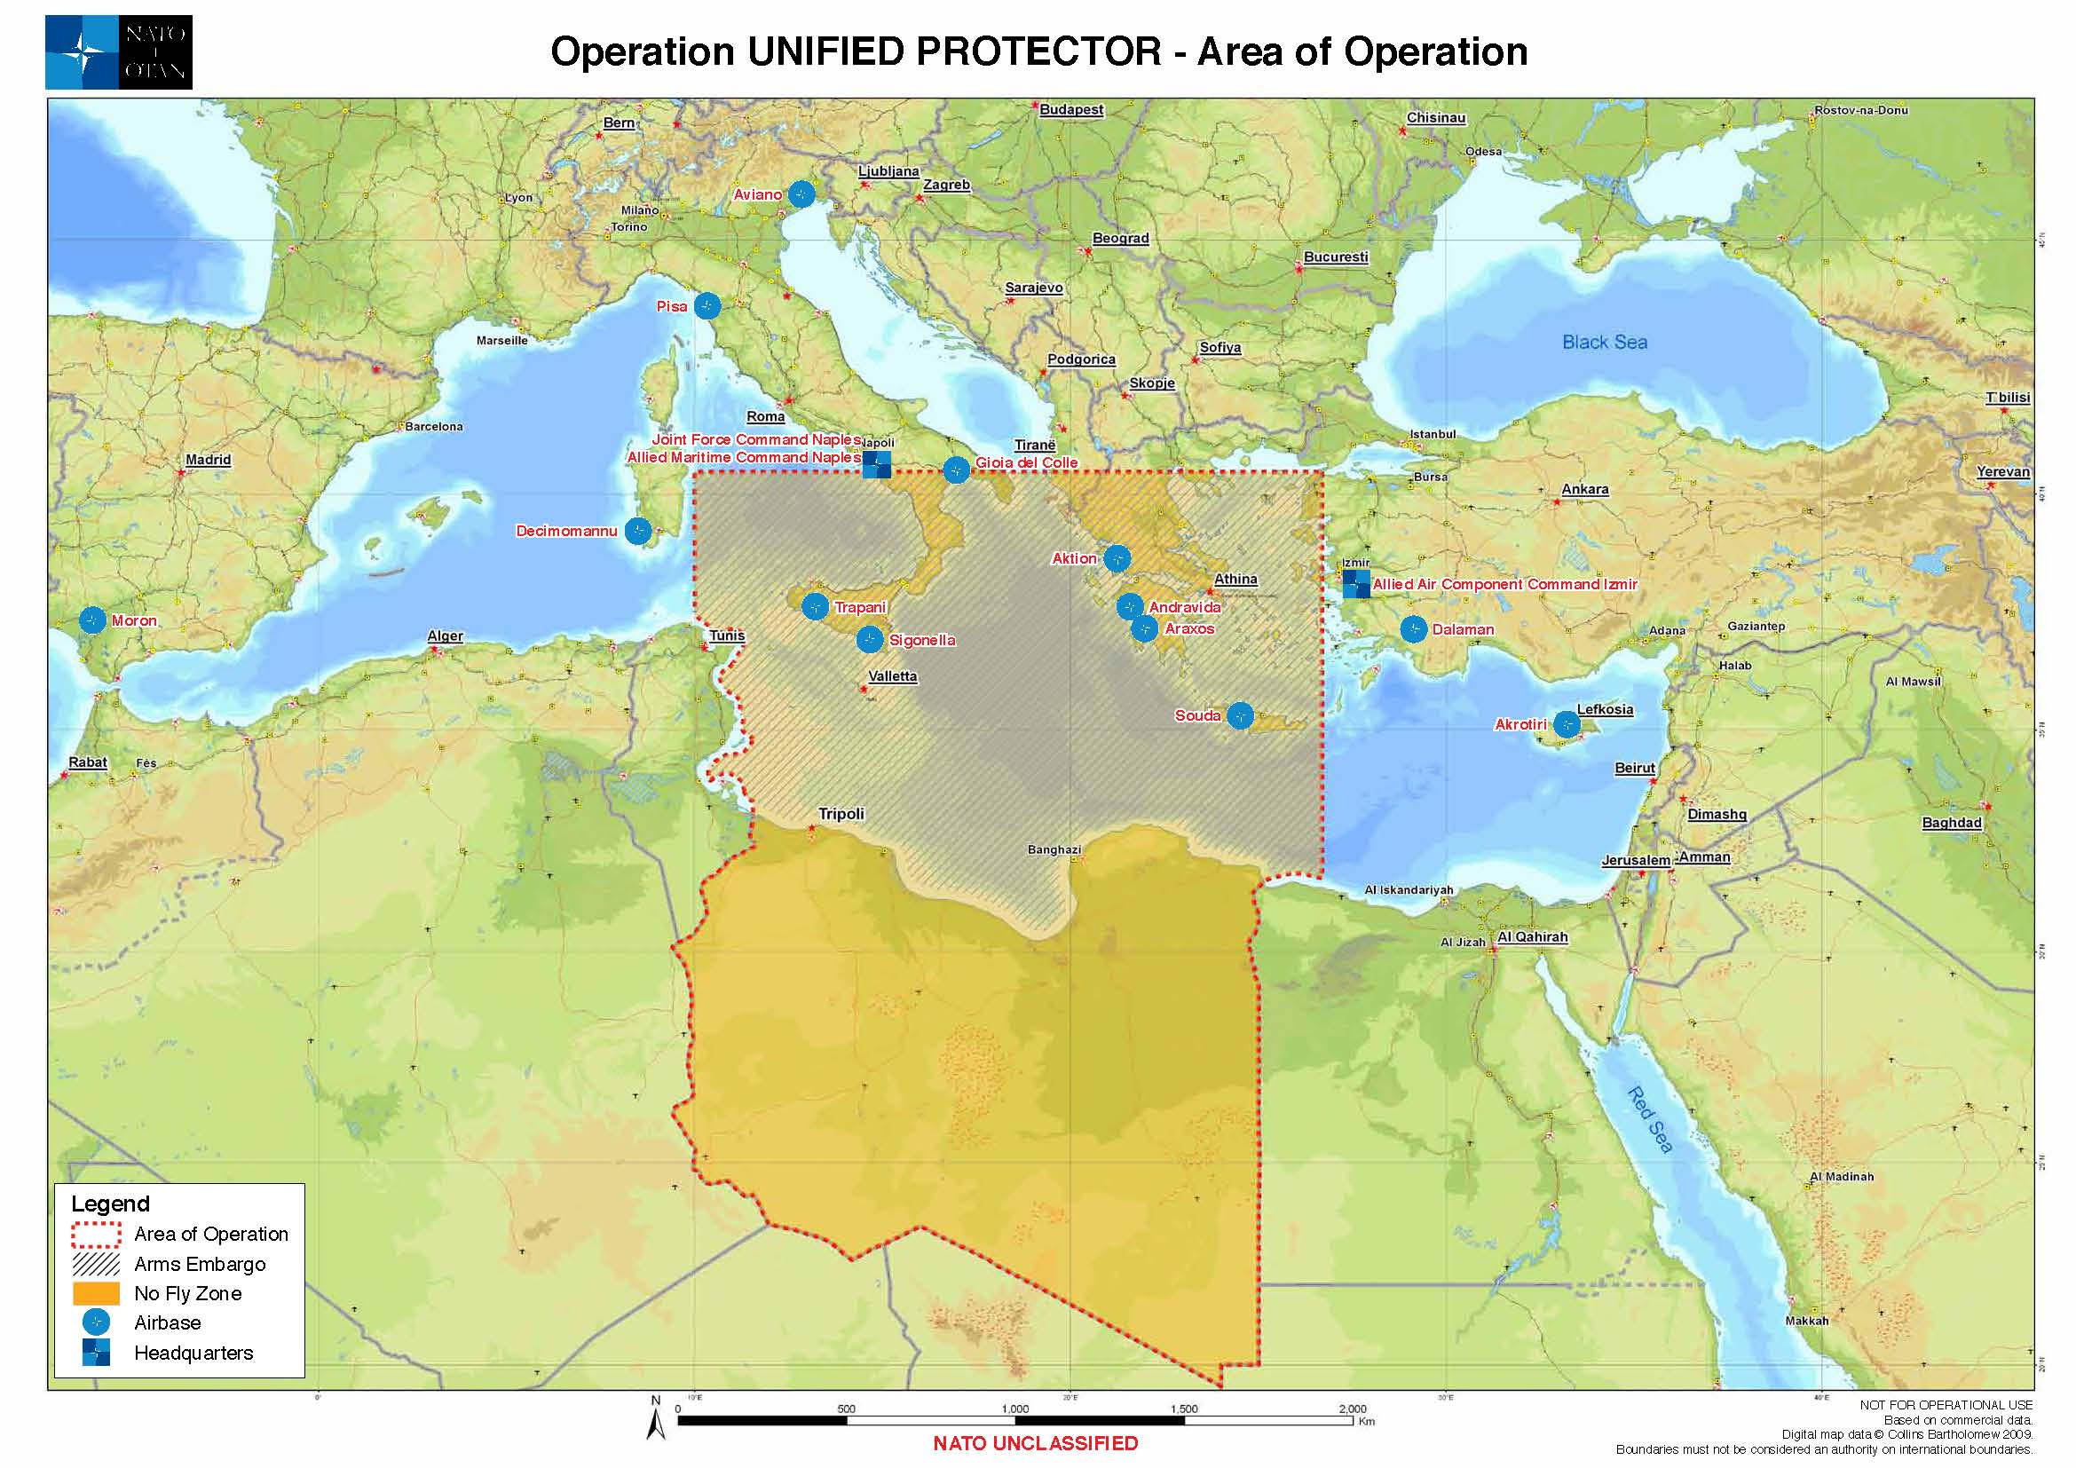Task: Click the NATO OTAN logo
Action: (118, 51)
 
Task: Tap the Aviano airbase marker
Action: (801, 193)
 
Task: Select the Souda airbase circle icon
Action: (1241, 715)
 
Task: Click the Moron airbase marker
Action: (93, 620)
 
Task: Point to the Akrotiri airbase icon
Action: (1566, 724)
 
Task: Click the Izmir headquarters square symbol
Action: (1355, 584)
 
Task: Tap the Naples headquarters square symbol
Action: (876, 464)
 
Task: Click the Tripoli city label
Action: (841, 814)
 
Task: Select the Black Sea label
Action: (1604, 342)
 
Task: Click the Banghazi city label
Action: (1054, 848)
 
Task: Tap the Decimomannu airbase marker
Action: (638, 531)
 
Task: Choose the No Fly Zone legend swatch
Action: (96, 1292)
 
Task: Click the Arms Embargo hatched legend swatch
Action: (96, 1264)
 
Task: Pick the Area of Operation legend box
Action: (96, 1234)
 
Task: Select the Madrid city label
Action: (208, 459)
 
